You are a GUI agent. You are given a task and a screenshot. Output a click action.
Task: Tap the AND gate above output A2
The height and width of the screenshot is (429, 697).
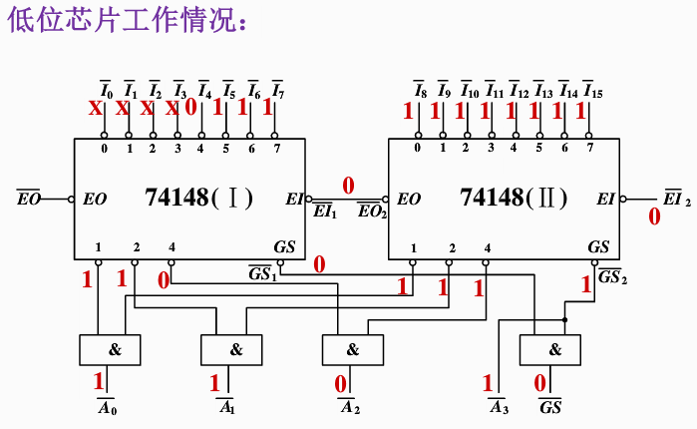point(353,350)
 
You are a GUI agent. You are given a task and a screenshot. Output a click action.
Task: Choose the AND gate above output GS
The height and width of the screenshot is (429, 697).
point(552,350)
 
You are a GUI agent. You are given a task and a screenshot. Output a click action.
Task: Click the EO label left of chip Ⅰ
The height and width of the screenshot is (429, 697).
point(29,199)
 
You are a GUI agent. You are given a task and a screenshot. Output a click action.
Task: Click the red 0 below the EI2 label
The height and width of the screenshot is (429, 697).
point(654,216)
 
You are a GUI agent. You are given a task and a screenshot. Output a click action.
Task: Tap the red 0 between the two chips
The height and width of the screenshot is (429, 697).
point(348,185)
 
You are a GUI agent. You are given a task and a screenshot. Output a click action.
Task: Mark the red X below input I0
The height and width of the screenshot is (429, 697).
point(96,109)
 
